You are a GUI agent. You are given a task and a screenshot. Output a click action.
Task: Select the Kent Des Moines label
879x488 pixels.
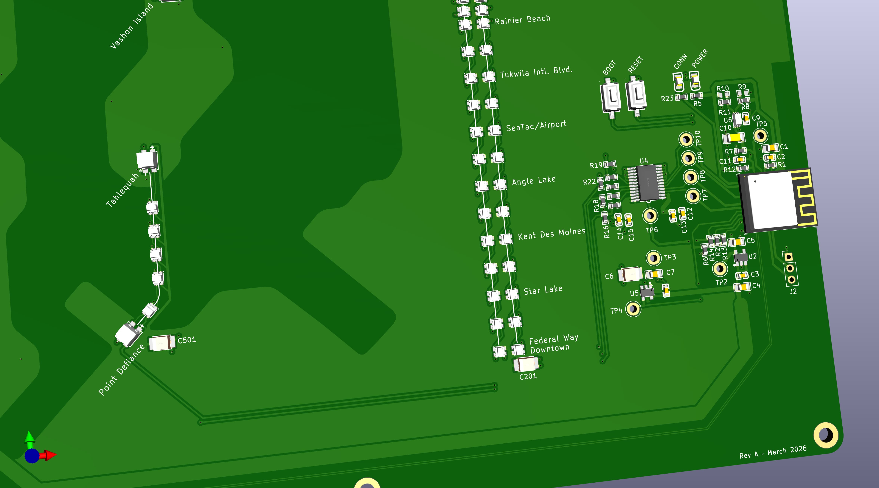551,234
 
